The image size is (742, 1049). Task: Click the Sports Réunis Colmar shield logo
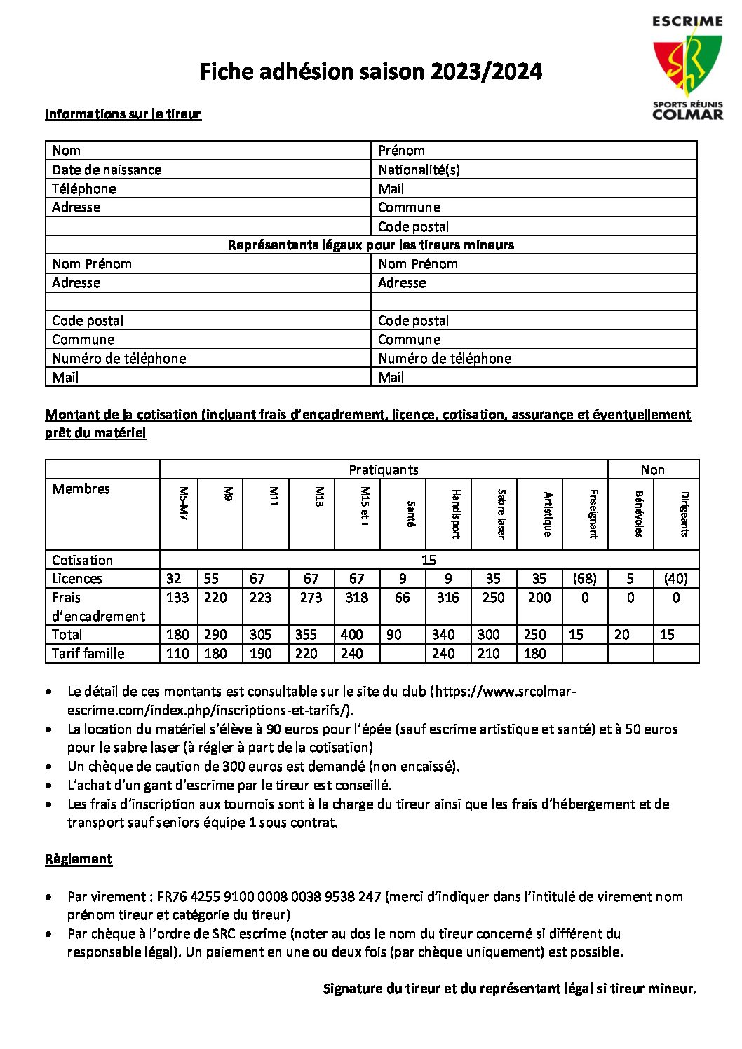(687, 68)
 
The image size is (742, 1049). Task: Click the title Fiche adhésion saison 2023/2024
(370, 71)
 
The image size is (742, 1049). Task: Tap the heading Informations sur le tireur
(123, 114)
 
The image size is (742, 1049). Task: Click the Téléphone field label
(84, 188)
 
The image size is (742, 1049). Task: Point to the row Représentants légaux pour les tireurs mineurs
(370, 245)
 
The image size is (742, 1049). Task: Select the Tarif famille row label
(88, 653)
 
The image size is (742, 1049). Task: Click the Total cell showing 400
(351, 634)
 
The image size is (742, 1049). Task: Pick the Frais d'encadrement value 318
(356, 597)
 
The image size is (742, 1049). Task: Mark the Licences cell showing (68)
(584, 578)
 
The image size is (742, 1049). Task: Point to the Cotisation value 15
(429, 560)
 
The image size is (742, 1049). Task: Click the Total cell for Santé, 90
(394, 634)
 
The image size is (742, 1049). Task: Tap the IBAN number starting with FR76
(269, 896)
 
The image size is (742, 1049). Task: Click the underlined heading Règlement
(79, 859)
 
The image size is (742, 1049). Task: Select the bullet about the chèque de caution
(264, 766)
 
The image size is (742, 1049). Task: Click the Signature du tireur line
(509, 989)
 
